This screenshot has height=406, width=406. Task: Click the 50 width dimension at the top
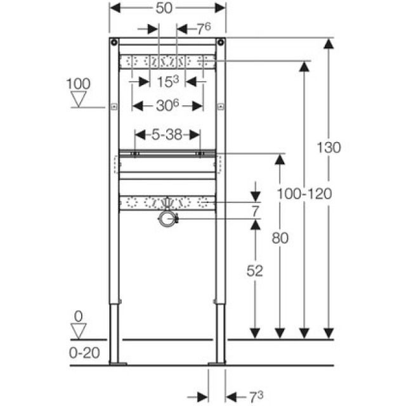167,9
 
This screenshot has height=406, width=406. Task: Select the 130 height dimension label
329,147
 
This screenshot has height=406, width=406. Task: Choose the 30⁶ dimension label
167,107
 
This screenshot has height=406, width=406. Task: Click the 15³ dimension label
167,81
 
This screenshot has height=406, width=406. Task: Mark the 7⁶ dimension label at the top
202,28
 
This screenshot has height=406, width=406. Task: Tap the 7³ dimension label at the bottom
255,396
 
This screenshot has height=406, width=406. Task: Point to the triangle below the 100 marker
79,99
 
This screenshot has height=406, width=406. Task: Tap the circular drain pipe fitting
167,219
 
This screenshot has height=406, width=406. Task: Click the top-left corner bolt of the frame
114,43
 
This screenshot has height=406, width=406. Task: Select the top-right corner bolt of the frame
220,43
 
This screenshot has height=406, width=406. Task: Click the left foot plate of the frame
118,363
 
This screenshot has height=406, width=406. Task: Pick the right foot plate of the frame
217,363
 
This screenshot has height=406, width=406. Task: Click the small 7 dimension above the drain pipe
254,211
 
